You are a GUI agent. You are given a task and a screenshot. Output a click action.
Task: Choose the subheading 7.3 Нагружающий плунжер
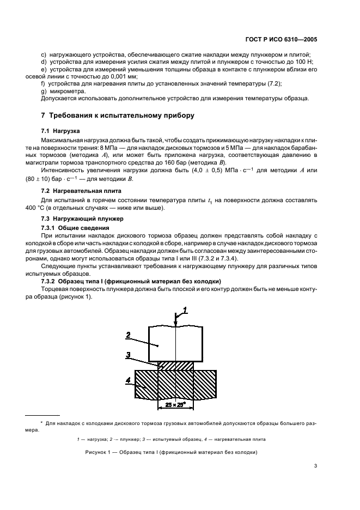[78, 218]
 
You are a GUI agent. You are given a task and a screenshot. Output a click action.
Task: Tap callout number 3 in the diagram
[127, 355]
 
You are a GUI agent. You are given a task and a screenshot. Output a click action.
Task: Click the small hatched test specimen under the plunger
[175, 366]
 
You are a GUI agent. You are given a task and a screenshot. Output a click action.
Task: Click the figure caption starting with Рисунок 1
[171, 452]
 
